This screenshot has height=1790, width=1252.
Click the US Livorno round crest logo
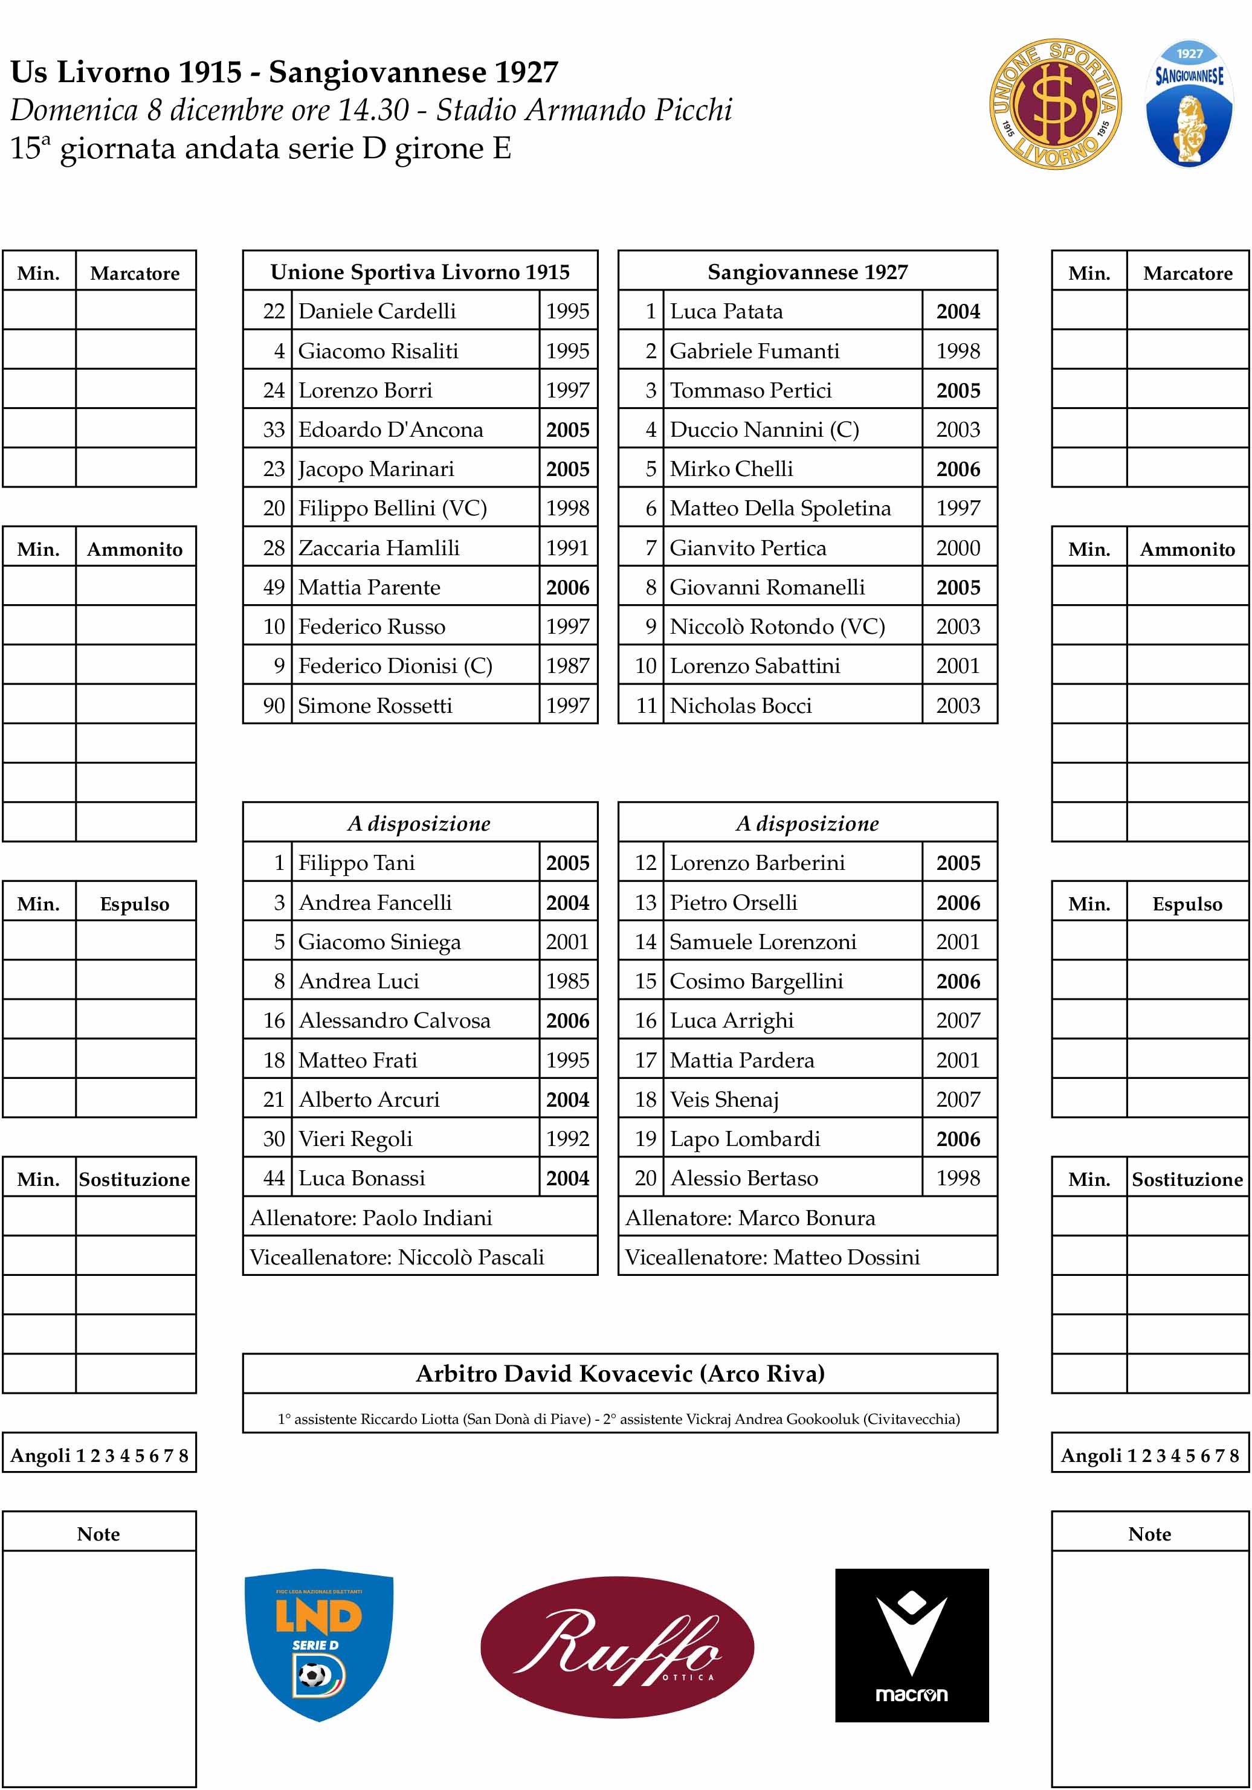pos(1055,105)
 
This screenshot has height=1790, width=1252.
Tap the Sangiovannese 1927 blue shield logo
pos(1189,105)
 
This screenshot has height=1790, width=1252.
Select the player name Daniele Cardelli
pos(376,311)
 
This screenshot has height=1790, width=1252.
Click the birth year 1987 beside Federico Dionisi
pos(567,666)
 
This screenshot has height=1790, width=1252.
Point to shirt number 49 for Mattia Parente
pos(274,587)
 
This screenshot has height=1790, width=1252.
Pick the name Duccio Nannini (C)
pos(764,430)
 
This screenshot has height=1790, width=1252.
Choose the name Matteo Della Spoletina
pos(779,508)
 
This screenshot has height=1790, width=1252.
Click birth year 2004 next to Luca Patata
pos(958,311)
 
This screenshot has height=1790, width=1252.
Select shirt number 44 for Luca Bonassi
pos(274,1178)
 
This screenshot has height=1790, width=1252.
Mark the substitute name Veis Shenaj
pos(724,1099)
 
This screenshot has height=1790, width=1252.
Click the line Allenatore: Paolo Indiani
pos(371,1218)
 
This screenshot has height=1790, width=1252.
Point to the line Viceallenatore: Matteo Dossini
pos(772,1257)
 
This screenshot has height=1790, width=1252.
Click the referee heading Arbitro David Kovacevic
pos(620,1373)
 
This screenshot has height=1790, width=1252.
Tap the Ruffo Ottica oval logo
pos(617,1647)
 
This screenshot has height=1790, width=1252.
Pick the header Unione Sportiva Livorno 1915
pos(419,271)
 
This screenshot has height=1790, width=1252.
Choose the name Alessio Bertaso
pos(744,1178)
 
